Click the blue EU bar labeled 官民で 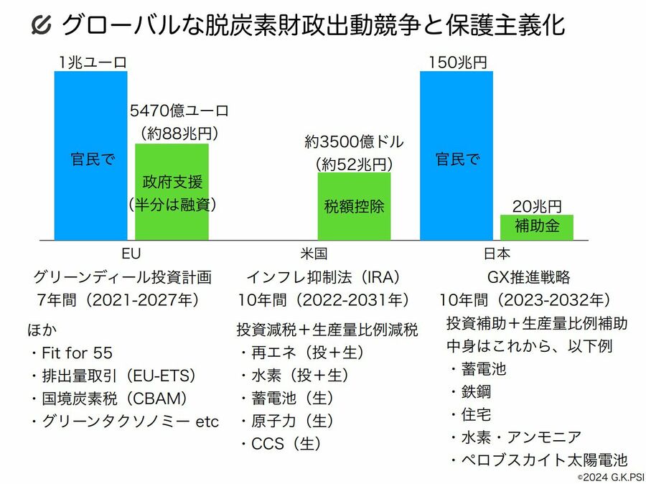click(90, 156)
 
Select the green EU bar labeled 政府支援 click(172, 192)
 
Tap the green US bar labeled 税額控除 click(355, 206)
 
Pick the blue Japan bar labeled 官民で click(457, 156)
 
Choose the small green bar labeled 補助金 click(537, 227)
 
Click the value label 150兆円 click(457, 62)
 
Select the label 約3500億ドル click(355, 141)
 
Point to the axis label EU click(131, 253)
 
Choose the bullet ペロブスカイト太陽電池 click(542, 460)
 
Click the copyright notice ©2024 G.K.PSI click(607, 477)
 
